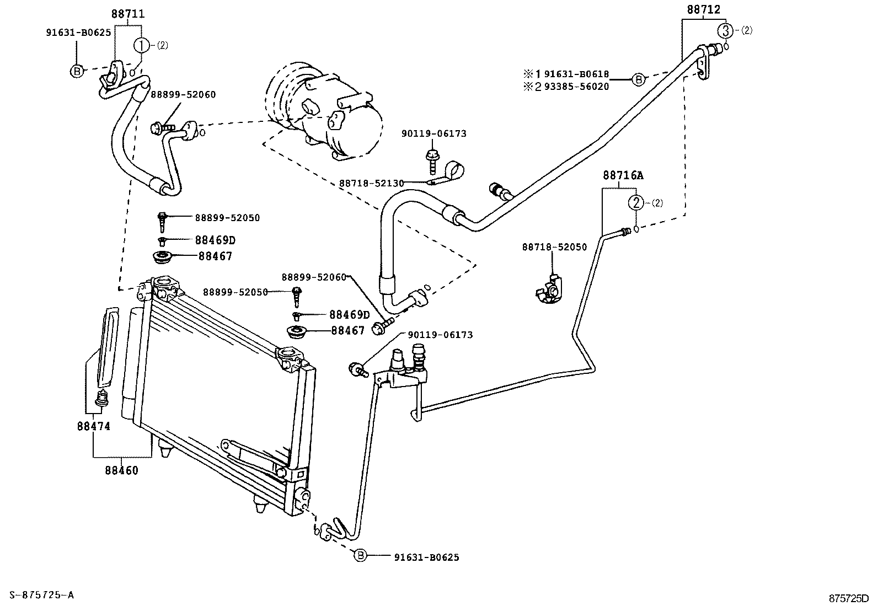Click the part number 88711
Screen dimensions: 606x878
coord(128,14)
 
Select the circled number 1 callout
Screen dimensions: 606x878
coord(142,45)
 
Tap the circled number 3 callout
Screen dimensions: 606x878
coord(727,30)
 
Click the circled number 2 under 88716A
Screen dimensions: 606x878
coord(636,202)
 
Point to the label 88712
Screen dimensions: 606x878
coord(703,9)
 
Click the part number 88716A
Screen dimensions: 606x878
coord(623,175)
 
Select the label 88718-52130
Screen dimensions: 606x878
coord(371,183)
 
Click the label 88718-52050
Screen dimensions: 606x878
coord(554,247)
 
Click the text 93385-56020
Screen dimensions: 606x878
coord(577,87)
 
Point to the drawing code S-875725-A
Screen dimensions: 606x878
coord(38,594)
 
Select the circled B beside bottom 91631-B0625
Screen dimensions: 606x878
coord(359,556)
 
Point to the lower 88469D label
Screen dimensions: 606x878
coord(349,315)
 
